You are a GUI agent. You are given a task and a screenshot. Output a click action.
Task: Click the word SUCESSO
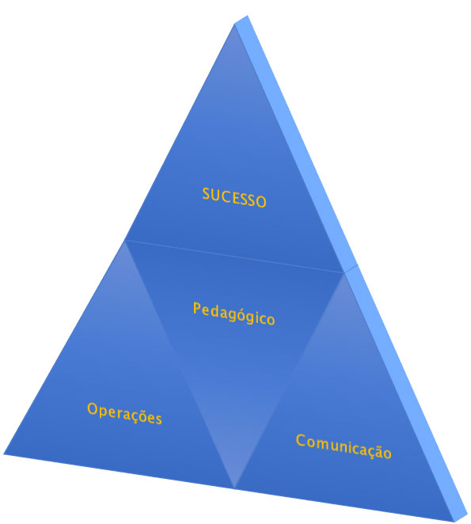(234, 198)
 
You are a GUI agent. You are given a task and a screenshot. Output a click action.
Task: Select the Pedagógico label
(234, 313)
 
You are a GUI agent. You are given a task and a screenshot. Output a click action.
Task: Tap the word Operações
(125, 413)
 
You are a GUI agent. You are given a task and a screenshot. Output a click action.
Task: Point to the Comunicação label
(344, 446)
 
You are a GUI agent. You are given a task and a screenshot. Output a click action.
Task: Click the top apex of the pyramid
(236, 24)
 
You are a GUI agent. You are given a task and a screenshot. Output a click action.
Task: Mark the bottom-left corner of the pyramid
(4, 454)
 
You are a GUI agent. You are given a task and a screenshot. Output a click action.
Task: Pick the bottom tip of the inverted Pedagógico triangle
(234, 488)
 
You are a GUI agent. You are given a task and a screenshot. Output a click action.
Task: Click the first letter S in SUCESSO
(207, 193)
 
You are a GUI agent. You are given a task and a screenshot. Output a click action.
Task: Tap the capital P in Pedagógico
(197, 307)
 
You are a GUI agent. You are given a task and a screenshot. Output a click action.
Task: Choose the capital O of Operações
(93, 408)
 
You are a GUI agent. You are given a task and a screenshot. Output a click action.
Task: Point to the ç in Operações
(136, 416)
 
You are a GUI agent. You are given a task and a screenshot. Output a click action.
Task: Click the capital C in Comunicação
(302, 440)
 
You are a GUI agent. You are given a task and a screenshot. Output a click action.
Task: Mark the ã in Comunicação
(375, 450)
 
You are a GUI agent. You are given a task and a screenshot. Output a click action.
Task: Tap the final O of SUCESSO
(260, 202)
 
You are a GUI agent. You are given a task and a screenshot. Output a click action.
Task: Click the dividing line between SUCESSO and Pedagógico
(234, 256)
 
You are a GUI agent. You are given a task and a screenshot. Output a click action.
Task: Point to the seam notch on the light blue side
(351, 268)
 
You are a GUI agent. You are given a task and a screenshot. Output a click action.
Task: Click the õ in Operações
(145, 416)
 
